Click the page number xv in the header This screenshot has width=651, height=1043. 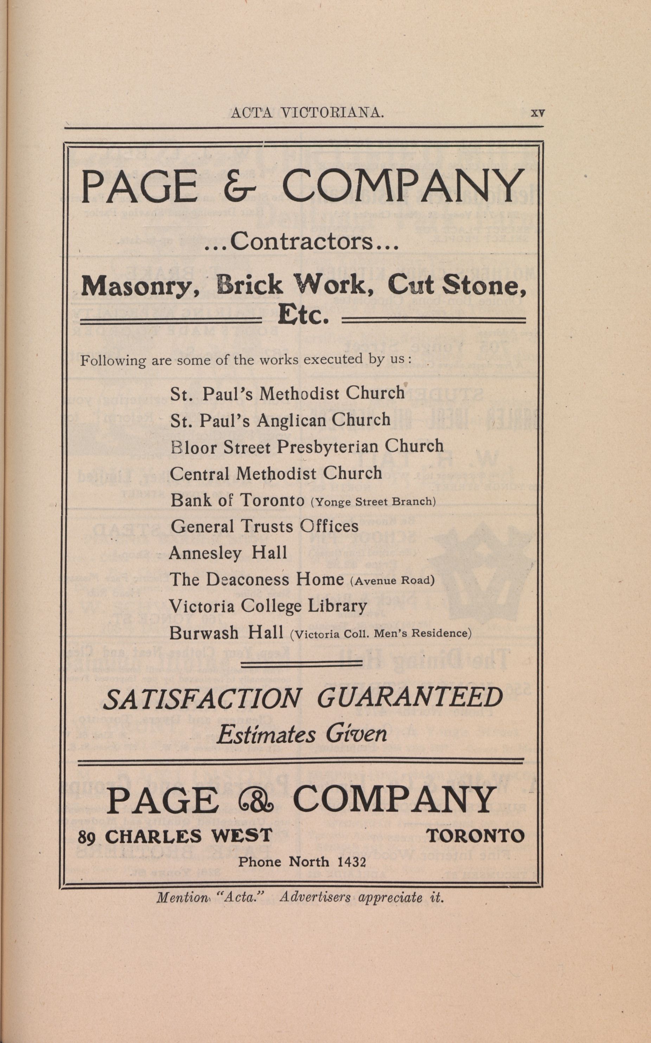(x=538, y=113)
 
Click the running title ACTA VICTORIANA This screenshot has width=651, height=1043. (x=307, y=113)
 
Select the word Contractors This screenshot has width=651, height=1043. (x=301, y=243)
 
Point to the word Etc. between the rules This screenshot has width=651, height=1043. (x=304, y=317)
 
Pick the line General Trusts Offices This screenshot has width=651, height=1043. (x=264, y=526)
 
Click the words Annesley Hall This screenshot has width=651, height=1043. (x=228, y=553)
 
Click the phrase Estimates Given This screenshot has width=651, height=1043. (x=302, y=734)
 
